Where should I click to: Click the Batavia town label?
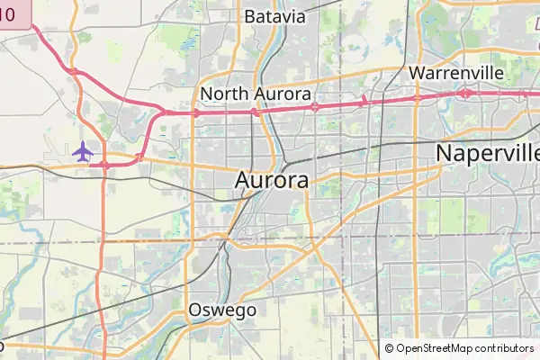pyautogui.click(x=274, y=16)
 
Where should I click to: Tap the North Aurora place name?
pyautogui.click(x=256, y=94)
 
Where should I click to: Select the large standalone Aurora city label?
pyautogui.click(x=272, y=180)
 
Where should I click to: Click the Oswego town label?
pyautogui.click(x=222, y=310)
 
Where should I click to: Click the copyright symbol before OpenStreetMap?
pyautogui.click(x=389, y=348)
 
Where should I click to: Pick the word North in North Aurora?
pyautogui.click(x=222, y=94)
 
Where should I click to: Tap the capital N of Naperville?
pyautogui.click(x=444, y=153)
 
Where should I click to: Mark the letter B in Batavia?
pyautogui.click(x=250, y=16)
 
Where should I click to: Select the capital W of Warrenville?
pyautogui.click(x=417, y=72)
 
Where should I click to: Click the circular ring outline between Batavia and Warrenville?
pyautogui.click(x=358, y=45)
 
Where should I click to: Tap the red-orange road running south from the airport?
pyautogui.click(x=103, y=252)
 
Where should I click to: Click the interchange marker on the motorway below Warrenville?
pyautogui.click(x=417, y=96)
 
